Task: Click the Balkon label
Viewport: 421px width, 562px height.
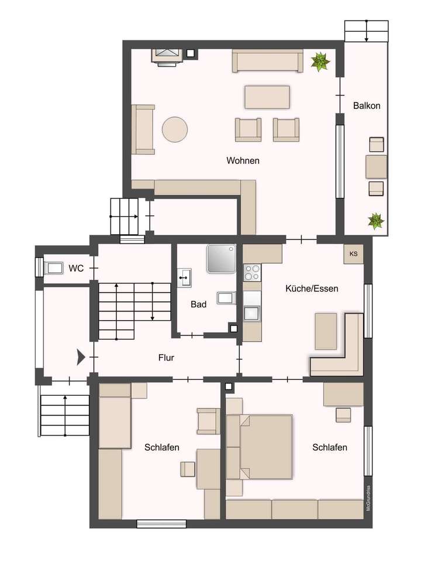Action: click(367, 106)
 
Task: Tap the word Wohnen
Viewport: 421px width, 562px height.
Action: click(243, 160)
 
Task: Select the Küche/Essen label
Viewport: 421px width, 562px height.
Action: click(312, 288)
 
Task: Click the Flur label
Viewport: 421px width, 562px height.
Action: click(166, 358)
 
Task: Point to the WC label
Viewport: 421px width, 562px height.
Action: click(76, 269)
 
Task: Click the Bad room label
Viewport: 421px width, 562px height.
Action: click(199, 304)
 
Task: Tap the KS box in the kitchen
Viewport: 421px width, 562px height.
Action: click(353, 255)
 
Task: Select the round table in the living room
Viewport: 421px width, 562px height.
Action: click(175, 129)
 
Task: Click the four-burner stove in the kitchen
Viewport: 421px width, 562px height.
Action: click(252, 273)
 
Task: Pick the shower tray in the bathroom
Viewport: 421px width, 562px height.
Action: click(221, 259)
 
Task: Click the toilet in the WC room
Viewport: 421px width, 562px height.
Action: click(53, 269)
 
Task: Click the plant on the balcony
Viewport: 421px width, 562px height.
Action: click(374, 221)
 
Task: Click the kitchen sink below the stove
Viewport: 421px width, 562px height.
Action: click(252, 313)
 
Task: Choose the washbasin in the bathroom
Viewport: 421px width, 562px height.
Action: click(185, 277)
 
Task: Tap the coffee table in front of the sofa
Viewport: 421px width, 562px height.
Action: click(267, 97)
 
